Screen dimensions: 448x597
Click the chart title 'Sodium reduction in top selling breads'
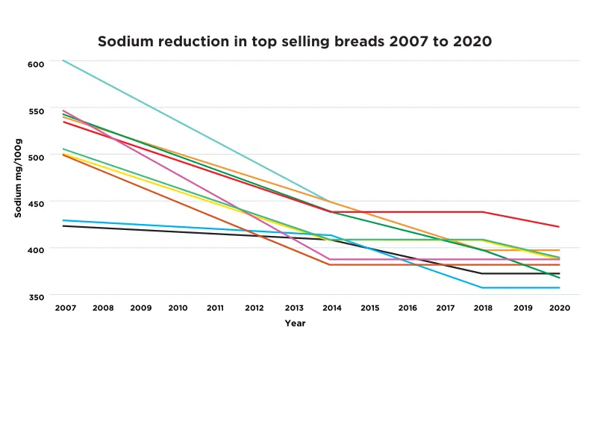(x=295, y=42)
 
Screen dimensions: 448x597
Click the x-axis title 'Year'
(x=295, y=323)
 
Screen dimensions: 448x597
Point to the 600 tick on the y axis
(x=37, y=64)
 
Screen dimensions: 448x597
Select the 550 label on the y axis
(x=37, y=111)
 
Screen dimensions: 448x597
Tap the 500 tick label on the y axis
(x=37, y=158)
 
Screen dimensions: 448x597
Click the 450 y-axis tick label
(x=37, y=204)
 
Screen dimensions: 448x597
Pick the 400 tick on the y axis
(x=37, y=250)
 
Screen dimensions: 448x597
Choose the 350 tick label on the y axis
(x=37, y=297)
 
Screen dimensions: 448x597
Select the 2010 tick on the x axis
(x=178, y=308)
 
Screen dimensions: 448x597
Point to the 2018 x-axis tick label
(x=483, y=308)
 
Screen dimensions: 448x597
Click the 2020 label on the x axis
(x=559, y=308)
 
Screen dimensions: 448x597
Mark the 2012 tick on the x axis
(x=254, y=308)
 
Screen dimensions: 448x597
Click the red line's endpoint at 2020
(x=559, y=226)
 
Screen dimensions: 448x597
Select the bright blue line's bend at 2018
(x=483, y=287)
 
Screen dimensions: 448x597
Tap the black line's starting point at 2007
(x=64, y=225)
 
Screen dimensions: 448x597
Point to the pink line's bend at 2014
(x=331, y=259)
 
